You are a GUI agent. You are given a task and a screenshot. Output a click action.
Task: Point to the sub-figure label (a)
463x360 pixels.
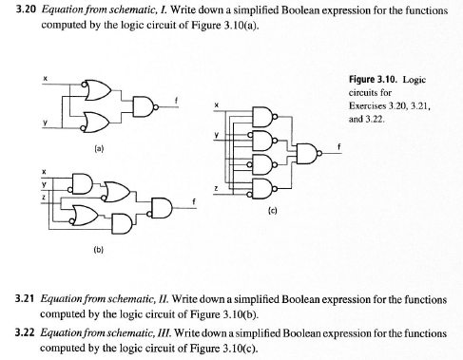[x=98, y=150]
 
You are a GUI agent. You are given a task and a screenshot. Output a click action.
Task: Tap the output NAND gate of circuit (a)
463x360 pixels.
[x=145, y=105]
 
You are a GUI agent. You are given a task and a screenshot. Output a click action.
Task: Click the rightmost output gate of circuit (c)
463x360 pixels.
[x=310, y=154]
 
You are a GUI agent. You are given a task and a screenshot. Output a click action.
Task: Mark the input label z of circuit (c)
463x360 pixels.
[x=218, y=190]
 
